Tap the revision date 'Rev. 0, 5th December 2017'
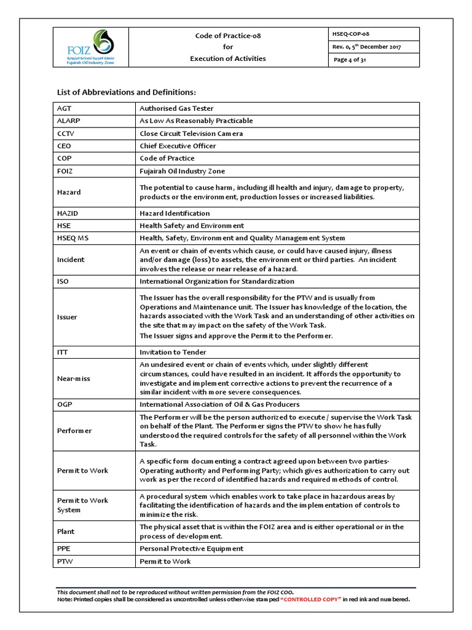click(x=366, y=47)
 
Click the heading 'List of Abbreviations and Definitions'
click(x=126, y=92)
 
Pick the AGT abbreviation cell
click(x=65, y=108)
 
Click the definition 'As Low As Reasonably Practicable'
click(x=196, y=121)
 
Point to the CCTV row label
click(x=66, y=134)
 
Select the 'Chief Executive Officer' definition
click(x=178, y=146)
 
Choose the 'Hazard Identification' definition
click(x=175, y=213)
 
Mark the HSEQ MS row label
click(x=73, y=238)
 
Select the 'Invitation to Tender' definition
click(x=173, y=352)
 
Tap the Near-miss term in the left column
click(x=73, y=378)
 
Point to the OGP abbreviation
click(x=65, y=404)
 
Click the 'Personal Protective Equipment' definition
click(x=191, y=548)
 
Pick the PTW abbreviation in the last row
click(x=65, y=561)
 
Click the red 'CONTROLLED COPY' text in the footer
click(x=310, y=599)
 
